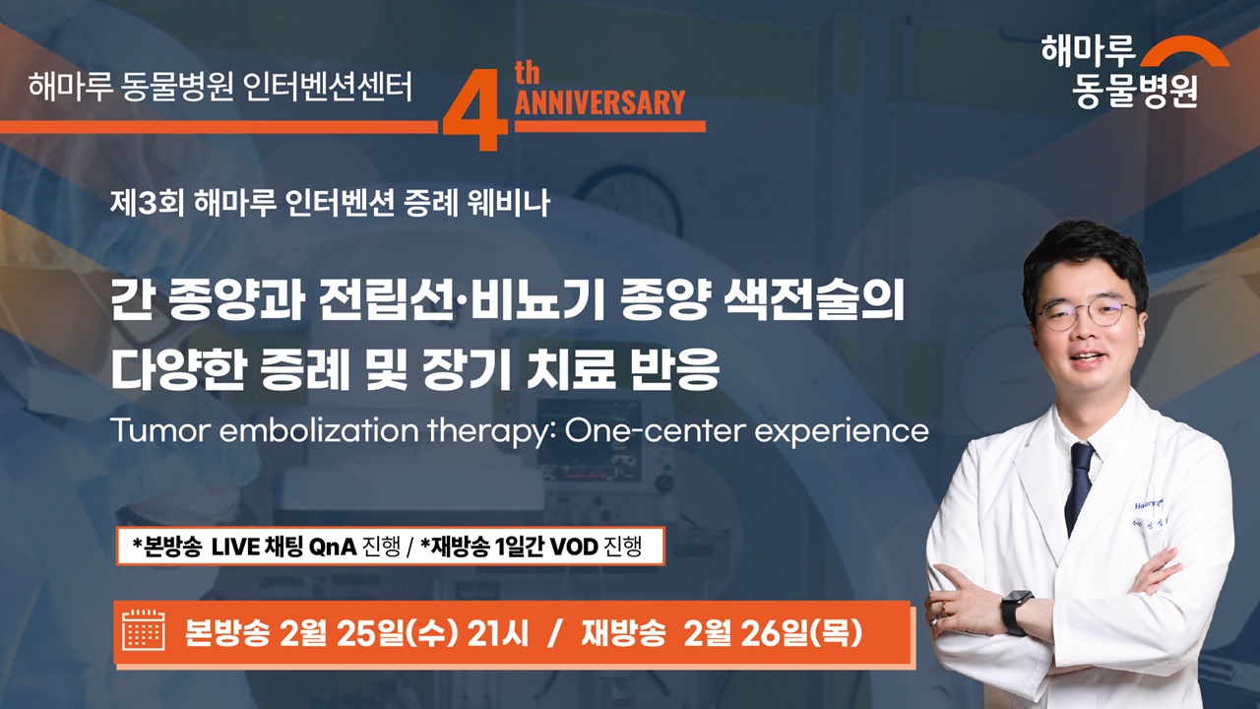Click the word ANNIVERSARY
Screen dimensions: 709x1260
pos(598,103)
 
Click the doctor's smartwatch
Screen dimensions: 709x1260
pos(1015,612)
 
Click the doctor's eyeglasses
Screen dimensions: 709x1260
pos(1087,314)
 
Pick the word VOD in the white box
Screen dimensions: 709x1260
pos(575,547)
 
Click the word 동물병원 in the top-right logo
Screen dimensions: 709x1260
pos(1135,91)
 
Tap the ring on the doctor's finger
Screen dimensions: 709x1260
pos(942,609)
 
